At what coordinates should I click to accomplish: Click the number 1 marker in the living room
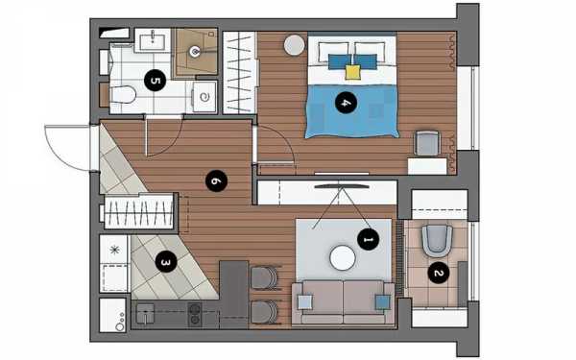pos(368,239)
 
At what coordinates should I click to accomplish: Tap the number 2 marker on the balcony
pos(439,273)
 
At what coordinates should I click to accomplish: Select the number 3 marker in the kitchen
pos(166,261)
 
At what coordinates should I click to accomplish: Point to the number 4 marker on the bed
pos(346,103)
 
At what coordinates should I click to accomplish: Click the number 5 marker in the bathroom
pos(155,80)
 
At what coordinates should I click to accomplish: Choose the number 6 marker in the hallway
pos(216,180)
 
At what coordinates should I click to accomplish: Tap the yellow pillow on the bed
pos(352,72)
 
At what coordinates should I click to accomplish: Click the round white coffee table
pos(343,258)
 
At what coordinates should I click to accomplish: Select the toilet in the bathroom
pos(123,95)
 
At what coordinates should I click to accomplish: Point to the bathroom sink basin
pos(152,40)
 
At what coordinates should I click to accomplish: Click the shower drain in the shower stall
pos(195,52)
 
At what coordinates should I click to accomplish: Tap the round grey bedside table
pos(295,45)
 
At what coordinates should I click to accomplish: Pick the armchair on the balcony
pos(437,241)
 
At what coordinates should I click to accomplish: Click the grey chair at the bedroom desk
pos(427,143)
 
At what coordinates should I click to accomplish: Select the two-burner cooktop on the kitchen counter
pos(195,314)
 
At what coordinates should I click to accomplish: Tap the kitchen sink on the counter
pos(145,313)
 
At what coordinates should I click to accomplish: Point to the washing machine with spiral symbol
pos(204,97)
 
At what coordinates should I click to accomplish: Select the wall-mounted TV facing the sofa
pos(342,186)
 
